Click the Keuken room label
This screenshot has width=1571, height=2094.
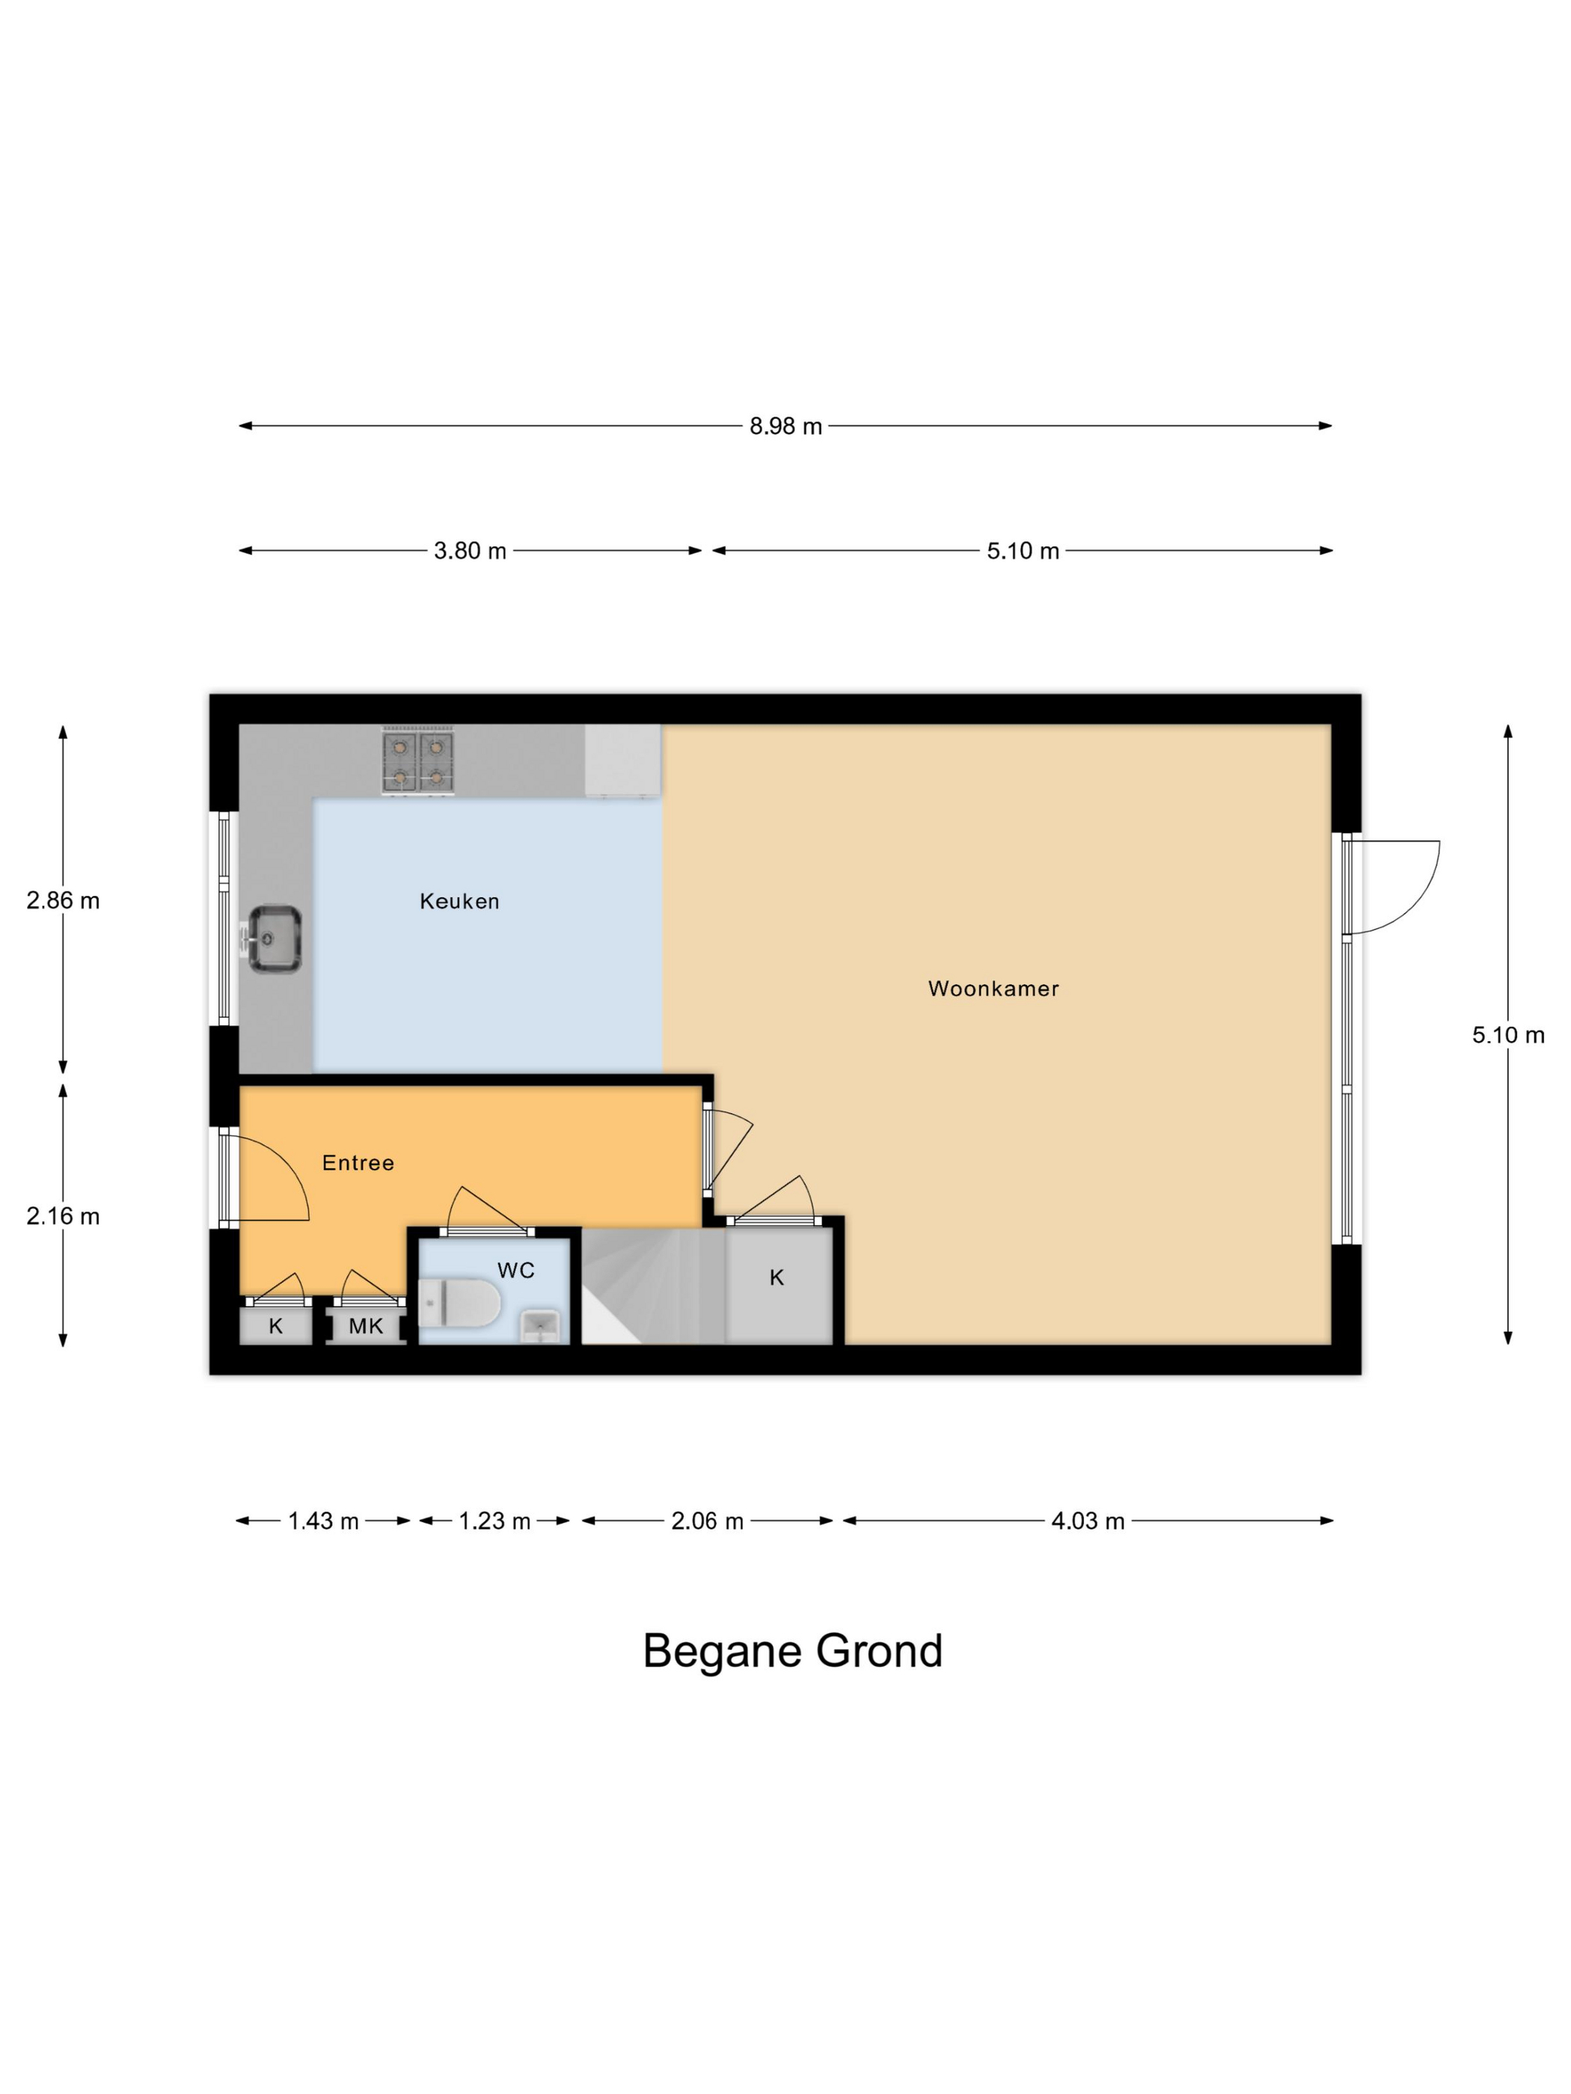point(459,901)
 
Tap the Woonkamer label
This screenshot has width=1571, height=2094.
point(993,989)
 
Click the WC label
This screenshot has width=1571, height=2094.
point(516,1271)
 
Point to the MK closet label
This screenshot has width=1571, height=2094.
point(366,1326)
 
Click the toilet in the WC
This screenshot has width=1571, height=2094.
point(459,1304)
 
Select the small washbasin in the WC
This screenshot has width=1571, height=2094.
point(541,1325)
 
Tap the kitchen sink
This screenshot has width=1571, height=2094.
point(275,939)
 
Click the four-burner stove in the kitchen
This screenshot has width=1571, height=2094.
point(417,761)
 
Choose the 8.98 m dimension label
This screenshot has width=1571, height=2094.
point(786,426)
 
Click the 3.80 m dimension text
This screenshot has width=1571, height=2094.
point(470,551)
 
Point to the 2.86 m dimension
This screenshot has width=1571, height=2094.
point(63,900)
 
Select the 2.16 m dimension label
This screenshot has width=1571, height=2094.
point(63,1217)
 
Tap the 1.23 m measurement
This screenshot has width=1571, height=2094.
point(494,1521)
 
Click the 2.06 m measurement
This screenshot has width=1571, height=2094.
point(708,1521)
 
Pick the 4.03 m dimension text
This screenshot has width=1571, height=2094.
point(1088,1521)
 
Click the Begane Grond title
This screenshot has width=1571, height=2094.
point(792,1652)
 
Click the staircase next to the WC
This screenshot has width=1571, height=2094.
point(653,1286)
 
